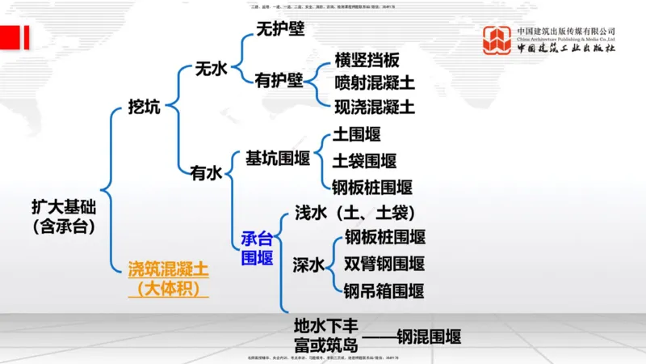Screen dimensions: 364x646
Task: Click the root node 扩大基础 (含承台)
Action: pos(64,216)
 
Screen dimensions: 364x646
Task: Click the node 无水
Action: pos(211,69)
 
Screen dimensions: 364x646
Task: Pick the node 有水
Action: pos(205,172)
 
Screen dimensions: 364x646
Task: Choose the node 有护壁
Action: pos(279,80)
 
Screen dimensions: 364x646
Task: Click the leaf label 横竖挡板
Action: pos(367,61)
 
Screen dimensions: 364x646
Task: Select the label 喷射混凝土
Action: pos(375,83)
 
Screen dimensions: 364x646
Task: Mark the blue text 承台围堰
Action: pos(258,248)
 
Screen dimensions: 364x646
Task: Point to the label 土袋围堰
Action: pos(365,160)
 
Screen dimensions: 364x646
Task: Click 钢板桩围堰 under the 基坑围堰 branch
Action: pos(372,188)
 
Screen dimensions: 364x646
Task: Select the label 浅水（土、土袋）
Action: pos(354,213)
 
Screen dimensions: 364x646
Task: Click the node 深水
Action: pos(308,264)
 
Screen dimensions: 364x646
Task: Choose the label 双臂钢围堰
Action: pos(384,264)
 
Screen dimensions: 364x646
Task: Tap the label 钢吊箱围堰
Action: pos(384,290)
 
